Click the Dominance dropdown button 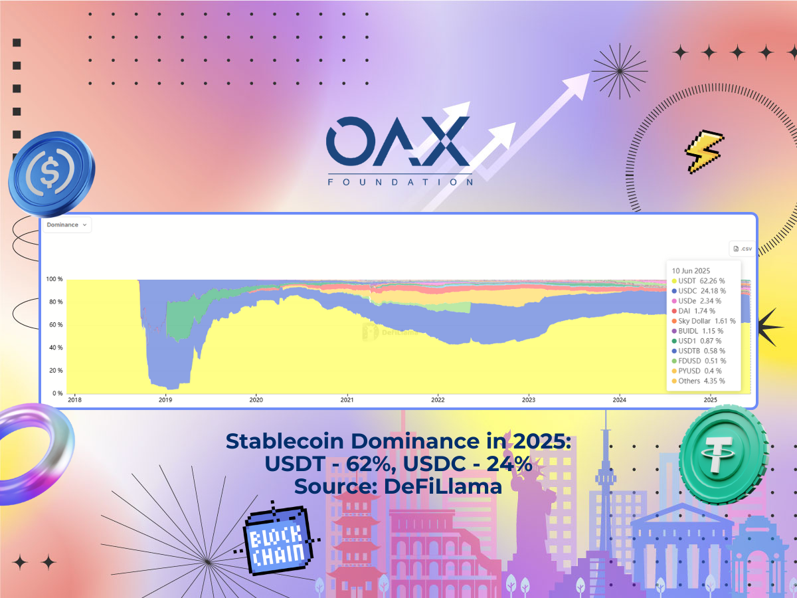tap(67, 225)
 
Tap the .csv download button tap(742, 249)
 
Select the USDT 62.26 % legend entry tap(698, 281)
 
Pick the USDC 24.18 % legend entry tap(699, 291)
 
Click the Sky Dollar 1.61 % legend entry tap(703, 321)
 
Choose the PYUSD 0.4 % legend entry tap(697, 371)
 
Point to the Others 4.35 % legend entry tap(698, 381)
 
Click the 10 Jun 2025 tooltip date tap(691, 271)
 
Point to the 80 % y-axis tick tap(56, 302)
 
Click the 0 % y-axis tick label tap(58, 393)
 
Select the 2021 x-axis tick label tap(347, 400)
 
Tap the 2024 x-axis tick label tap(620, 400)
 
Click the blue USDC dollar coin tap(52, 173)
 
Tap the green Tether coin tap(724, 454)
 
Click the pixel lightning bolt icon tap(704, 151)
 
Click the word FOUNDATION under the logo tap(400, 182)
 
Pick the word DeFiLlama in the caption tap(443, 486)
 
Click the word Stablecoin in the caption tap(285, 441)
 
